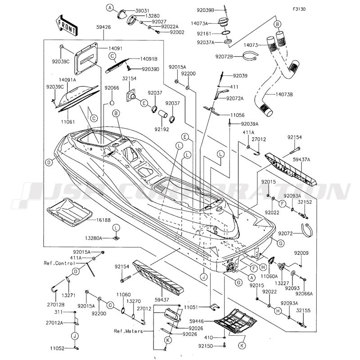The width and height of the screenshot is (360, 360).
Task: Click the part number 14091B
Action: tap(135, 58)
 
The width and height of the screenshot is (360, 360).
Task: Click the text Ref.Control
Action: tap(58, 262)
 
